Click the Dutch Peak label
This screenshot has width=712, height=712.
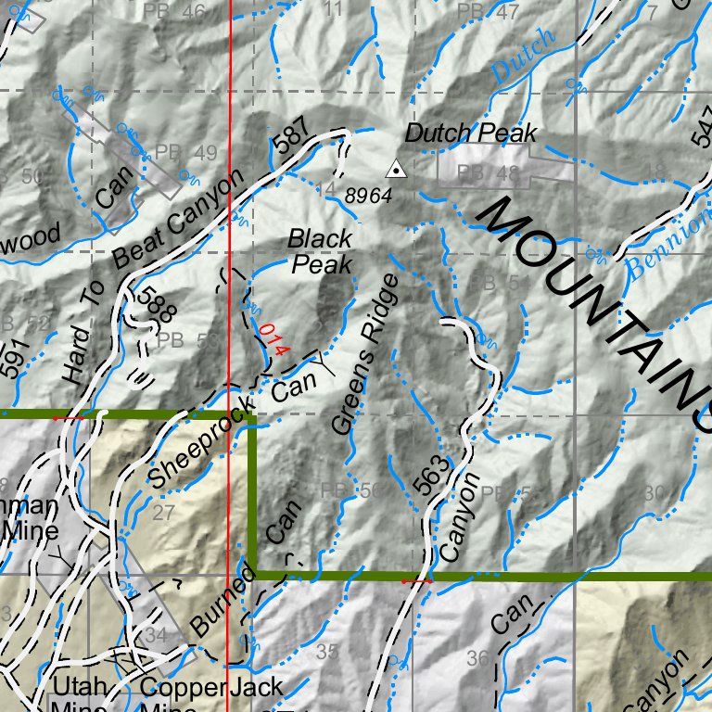tap(471, 134)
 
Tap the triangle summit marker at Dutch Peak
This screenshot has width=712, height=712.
tap(396, 169)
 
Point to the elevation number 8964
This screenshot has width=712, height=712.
tap(369, 197)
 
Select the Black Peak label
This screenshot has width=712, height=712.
tap(320, 251)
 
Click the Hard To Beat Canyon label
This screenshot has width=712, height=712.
tap(153, 277)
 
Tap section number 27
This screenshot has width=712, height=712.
tap(163, 513)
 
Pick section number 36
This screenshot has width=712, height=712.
tap(478, 659)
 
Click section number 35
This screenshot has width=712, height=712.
tap(327, 652)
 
